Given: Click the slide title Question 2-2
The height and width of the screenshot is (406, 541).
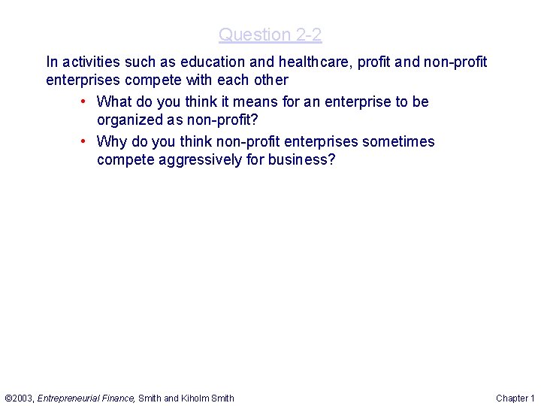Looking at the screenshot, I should point(270,35).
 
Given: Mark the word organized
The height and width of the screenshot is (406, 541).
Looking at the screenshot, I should point(128,120).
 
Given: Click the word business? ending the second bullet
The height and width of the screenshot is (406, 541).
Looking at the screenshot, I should point(302,159).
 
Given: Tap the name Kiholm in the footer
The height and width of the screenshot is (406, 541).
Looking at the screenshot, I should point(195,398).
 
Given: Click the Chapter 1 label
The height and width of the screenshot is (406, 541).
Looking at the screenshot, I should point(515,398).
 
